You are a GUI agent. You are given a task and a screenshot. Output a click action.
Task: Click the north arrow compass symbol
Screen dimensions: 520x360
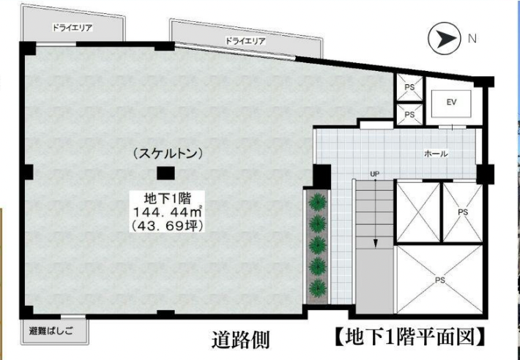point(445,39)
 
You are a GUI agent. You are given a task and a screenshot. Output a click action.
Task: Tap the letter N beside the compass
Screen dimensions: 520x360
point(472,39)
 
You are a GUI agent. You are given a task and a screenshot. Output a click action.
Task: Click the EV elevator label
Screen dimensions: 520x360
point(451,102)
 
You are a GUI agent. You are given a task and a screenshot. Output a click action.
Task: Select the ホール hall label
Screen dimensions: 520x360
point(436,154)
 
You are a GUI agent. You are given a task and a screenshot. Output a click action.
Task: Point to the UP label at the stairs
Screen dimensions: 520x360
point(375,174)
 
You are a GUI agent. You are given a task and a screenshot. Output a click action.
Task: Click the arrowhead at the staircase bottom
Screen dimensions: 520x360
point(376,244)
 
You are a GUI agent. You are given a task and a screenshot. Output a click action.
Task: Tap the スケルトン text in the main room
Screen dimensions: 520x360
point(167,154)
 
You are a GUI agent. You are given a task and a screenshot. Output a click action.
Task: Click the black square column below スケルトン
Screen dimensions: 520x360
point(166,173)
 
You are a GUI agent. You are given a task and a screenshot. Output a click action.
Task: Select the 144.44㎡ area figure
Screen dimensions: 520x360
point(168,211)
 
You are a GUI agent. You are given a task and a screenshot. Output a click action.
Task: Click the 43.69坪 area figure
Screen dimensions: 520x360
point(167,225)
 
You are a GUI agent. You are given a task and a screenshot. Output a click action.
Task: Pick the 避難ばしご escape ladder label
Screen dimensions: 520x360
point(51,331)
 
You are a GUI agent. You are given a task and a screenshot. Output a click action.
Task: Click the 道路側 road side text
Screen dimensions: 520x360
point(240,340)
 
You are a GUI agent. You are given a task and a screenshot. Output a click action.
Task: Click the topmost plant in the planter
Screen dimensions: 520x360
point(318,202)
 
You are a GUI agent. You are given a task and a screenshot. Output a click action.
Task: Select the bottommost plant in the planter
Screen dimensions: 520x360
point(318,288)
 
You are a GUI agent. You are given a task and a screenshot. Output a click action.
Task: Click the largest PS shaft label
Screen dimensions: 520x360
point(439,280)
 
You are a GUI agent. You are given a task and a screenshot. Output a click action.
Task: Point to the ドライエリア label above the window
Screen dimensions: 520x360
point(245,41)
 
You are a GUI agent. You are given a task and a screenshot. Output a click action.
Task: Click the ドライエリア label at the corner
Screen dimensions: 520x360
point(72,28)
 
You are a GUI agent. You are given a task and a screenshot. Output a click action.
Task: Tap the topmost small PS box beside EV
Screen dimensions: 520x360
point(409,87)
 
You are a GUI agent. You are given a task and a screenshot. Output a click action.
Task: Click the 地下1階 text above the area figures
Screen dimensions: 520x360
point(168,199)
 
